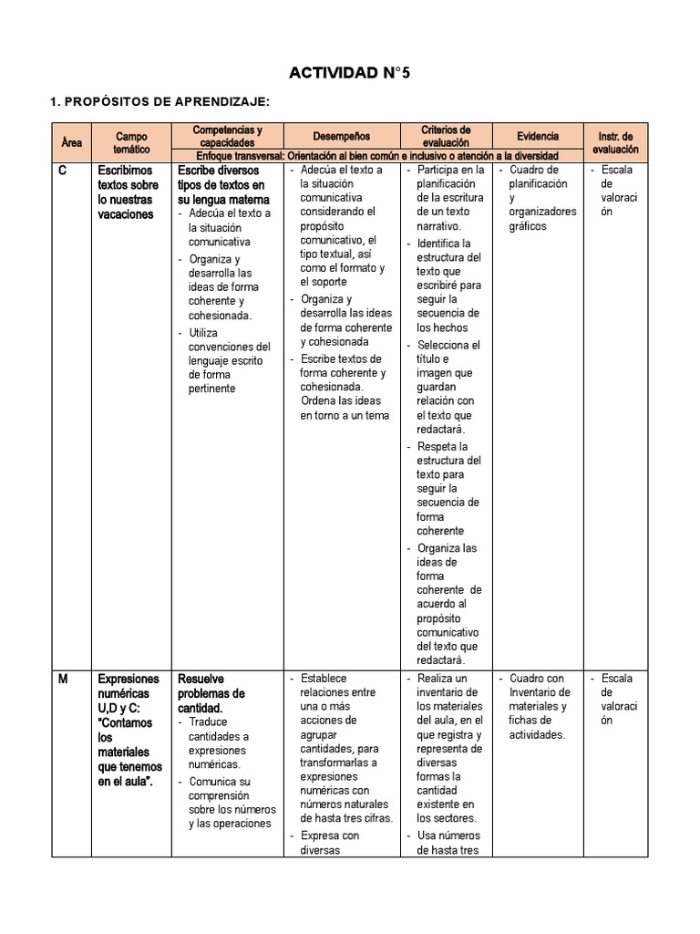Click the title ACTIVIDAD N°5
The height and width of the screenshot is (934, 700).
click(x=350, y=74)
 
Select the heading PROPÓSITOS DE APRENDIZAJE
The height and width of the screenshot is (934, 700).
click(x=160, y=102)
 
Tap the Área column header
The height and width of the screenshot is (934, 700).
click(x=71, y=143)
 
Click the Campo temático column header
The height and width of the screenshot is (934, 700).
click(x=131, y=141)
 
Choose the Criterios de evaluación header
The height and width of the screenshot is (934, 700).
click(x=446, y=137)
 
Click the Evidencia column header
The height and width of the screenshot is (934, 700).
click(x=538, y=137)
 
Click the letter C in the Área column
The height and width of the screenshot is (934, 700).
click(x=62, y=171)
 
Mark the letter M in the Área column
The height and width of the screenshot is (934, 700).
click(x=63, y=680)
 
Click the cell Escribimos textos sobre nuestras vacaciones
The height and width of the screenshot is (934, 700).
click(x=128, y=192)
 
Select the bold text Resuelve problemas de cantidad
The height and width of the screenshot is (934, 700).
click(x=211, y=693)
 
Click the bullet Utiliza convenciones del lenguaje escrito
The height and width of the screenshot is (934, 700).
click(x=229, y=360)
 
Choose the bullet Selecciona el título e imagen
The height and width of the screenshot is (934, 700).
click(x=448, y=387)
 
